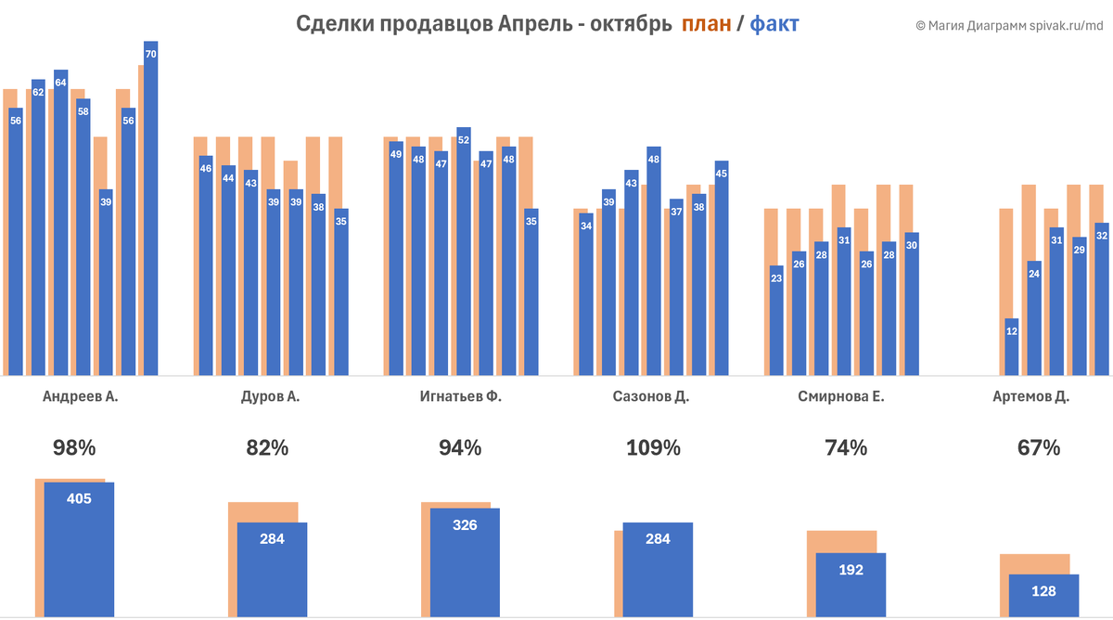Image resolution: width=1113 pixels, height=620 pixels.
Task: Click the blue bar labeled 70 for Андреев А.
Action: click(x=151, y=209)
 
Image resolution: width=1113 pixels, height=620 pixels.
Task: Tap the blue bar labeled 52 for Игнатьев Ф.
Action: click(x=464, y=251)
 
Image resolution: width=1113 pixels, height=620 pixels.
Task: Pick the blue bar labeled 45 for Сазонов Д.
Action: click(x=722, y=268)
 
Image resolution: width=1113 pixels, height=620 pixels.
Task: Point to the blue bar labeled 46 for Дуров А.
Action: click(x=206, y=265)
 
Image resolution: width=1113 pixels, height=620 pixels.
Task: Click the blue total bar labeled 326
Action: click(x=465, y=562)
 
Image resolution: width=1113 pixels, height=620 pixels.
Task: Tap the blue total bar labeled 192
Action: click(x=851, y=585)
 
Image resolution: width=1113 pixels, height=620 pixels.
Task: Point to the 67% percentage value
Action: click(x=1038, y=447)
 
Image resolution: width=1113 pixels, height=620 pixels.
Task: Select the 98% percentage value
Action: click(x=74, y=447)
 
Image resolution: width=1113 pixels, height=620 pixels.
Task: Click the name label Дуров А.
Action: click(x=268, y=397)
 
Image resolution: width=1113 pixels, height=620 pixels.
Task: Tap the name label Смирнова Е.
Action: click(x=840, y=397)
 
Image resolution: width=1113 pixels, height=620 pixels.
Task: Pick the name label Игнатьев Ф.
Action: click(x=460, y=397)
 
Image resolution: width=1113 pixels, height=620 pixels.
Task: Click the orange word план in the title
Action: click(x=706, y=24)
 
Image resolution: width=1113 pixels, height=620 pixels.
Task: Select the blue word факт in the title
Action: click(x=774, y=24)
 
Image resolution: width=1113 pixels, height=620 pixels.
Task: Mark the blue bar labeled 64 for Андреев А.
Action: click(x=61, y=223)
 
